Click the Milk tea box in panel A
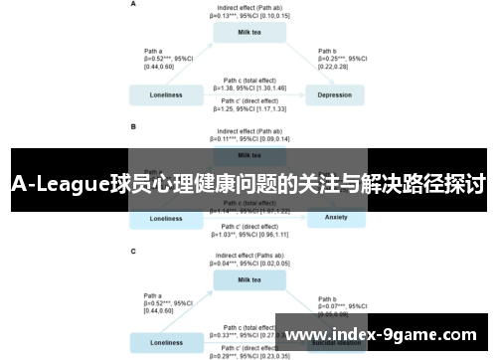[249, 32]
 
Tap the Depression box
[334, 95]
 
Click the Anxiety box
[334, 218]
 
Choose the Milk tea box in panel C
[249, 280]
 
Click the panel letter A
[134, 4]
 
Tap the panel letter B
[134, 127]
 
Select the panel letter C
[134, 252]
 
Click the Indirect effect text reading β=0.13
[249, 12]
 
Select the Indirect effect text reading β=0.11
[249, 135]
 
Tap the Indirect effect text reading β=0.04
[249, 261]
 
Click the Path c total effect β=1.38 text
[249, 85]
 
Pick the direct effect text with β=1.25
[249, 104]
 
